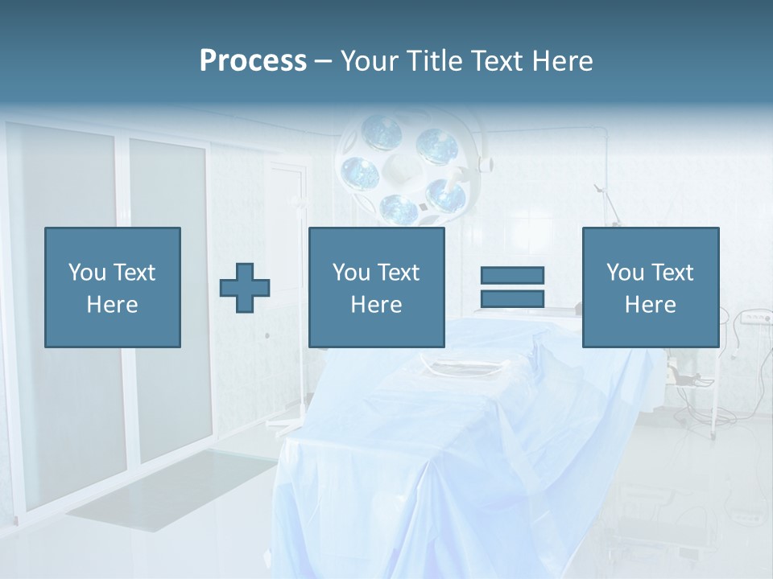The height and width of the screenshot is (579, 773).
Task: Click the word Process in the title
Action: point(253,61)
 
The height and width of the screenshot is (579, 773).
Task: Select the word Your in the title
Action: point(368,61)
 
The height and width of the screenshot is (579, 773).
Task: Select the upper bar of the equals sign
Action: point(512,275)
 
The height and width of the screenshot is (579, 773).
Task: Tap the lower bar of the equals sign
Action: point(512,298)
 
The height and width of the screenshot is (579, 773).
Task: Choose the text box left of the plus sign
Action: point(113,288)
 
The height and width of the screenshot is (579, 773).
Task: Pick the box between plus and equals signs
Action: point(376,288)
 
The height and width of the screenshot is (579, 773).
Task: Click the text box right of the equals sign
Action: point(650,288)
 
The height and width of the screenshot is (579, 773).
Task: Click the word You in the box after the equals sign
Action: point(625,273)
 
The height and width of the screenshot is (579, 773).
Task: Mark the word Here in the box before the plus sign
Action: point(113,305)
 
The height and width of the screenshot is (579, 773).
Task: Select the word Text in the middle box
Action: point(398,273)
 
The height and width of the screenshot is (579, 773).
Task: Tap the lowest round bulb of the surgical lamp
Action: point(399,209)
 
